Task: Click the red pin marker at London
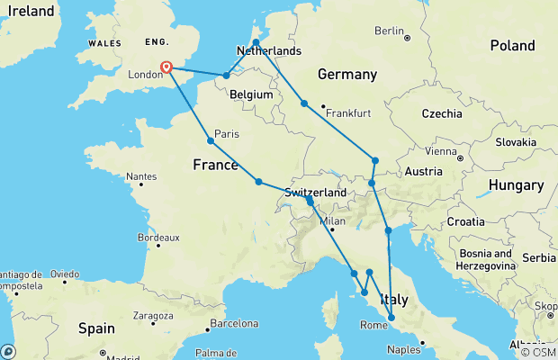click(166, 67)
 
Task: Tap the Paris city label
click(226, 134)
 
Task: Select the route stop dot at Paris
click(211, 140)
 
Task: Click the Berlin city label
click(389, 31)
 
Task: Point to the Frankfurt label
click(349, 112)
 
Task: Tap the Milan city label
click(333, 220)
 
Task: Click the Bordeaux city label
click(158, 238)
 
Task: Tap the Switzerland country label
click(315, 193)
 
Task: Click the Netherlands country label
click(268, 51)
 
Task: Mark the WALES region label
click(103, 43)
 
